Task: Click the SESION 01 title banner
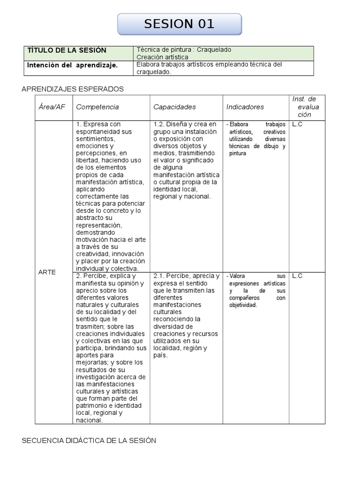[180, 24]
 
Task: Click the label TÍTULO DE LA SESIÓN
[67, 50]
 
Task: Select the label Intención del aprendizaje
[72, 65]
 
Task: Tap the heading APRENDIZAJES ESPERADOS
[73, 89]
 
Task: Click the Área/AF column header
[52, 107]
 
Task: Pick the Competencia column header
[97, 107]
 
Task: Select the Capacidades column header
[174, 107]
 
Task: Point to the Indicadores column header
[245, 107]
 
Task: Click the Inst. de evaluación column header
[305, 107]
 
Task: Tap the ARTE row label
[47, 272]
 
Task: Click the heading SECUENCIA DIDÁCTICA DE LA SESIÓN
[89, 441]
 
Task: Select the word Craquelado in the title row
[214, 50]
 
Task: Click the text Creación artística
[162, 57]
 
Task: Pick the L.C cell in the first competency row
[297, 124]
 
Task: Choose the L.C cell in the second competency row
[297, 276]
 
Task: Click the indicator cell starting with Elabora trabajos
[257, 139]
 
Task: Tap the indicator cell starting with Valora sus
[257, 291]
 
